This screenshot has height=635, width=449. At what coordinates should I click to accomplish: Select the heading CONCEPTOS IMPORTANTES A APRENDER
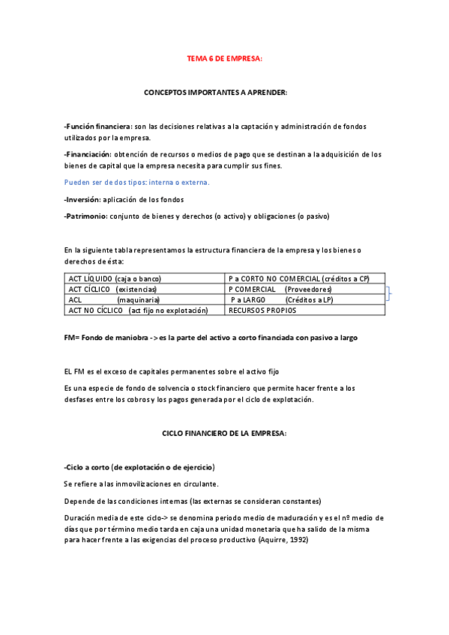coord(215,92)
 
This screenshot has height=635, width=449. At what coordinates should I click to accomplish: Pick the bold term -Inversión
coord(82,200)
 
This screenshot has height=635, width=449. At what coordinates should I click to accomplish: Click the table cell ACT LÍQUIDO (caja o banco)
coord(115,279)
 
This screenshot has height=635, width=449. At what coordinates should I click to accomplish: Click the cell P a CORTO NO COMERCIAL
coord(298,279)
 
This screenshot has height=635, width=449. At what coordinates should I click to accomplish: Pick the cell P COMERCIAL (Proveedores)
coord(280,289)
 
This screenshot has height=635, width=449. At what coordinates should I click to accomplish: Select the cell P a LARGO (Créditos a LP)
coord(282,300)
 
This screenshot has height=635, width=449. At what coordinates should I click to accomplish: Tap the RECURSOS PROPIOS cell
coord(262,310)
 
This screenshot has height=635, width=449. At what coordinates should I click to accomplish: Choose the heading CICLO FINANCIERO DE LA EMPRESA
coord(225,434)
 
